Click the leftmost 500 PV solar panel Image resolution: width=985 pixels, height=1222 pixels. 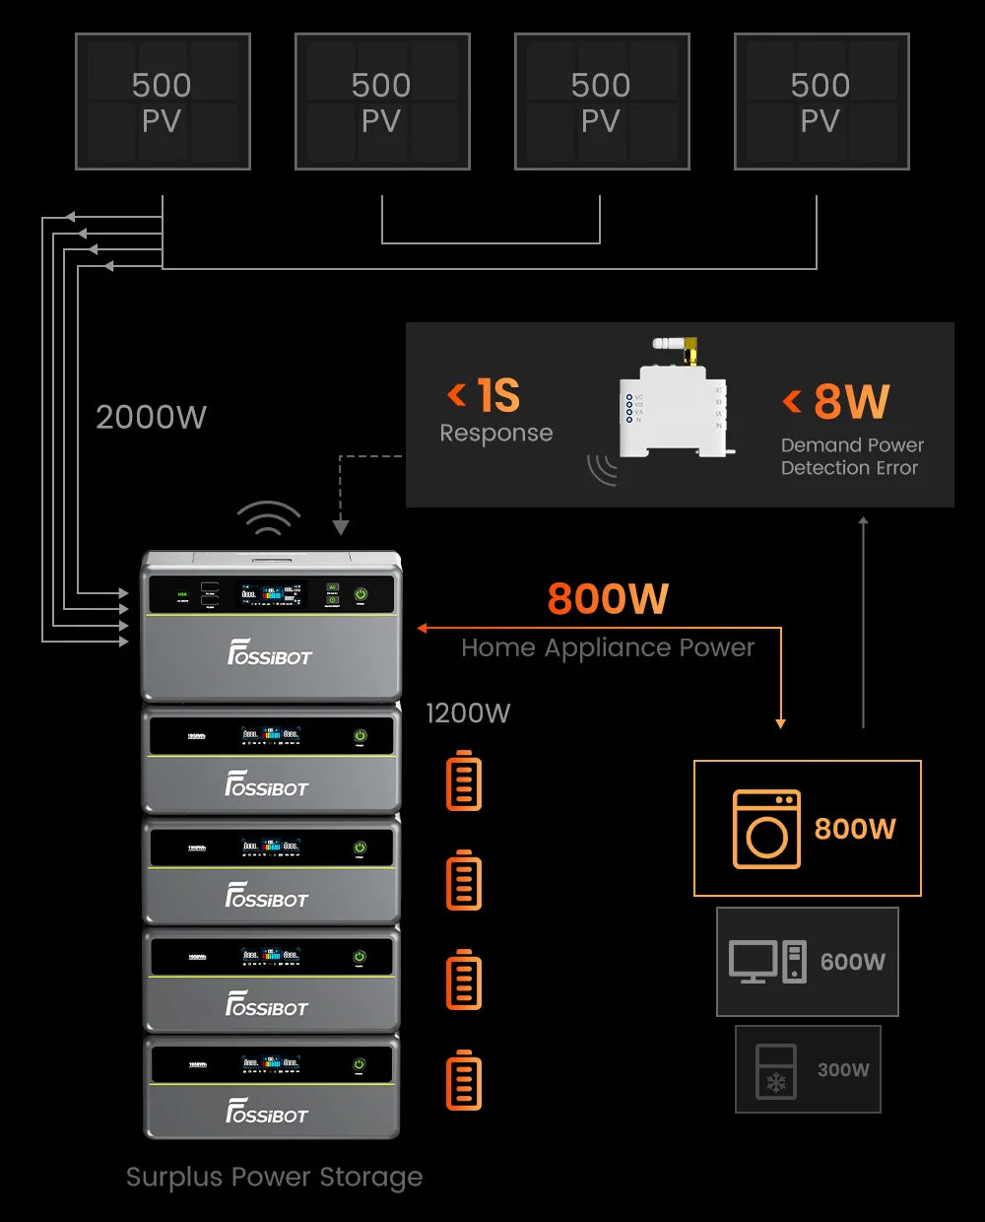tap(163, 102)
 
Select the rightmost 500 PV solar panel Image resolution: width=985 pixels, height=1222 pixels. tap(821, 102)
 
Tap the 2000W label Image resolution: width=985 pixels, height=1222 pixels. tap(151, 417)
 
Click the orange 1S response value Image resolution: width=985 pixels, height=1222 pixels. tap(498, 395)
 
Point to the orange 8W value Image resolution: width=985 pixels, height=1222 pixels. tap(851, 401)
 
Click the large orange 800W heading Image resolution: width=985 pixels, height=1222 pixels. tap(608, 598)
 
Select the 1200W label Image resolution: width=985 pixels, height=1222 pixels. tap(468, 713)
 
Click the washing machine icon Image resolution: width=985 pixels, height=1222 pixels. tap(766, 829)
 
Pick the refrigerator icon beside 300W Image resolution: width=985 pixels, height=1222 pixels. tap(775, 1070)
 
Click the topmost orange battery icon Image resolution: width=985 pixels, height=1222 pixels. tap(464, 781)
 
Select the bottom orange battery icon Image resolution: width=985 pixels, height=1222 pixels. tap(464, 1080)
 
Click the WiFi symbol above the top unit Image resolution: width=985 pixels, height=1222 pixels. tap(268, 518)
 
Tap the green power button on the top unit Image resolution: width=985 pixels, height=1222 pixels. tap(361, 594)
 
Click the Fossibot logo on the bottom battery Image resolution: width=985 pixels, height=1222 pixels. tap(267, 1113)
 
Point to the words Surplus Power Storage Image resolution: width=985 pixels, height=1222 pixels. tap(274, 1177)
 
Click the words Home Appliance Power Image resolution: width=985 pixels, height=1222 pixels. tap(608, 647)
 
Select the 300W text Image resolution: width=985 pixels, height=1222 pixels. tap(843, 1070)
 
